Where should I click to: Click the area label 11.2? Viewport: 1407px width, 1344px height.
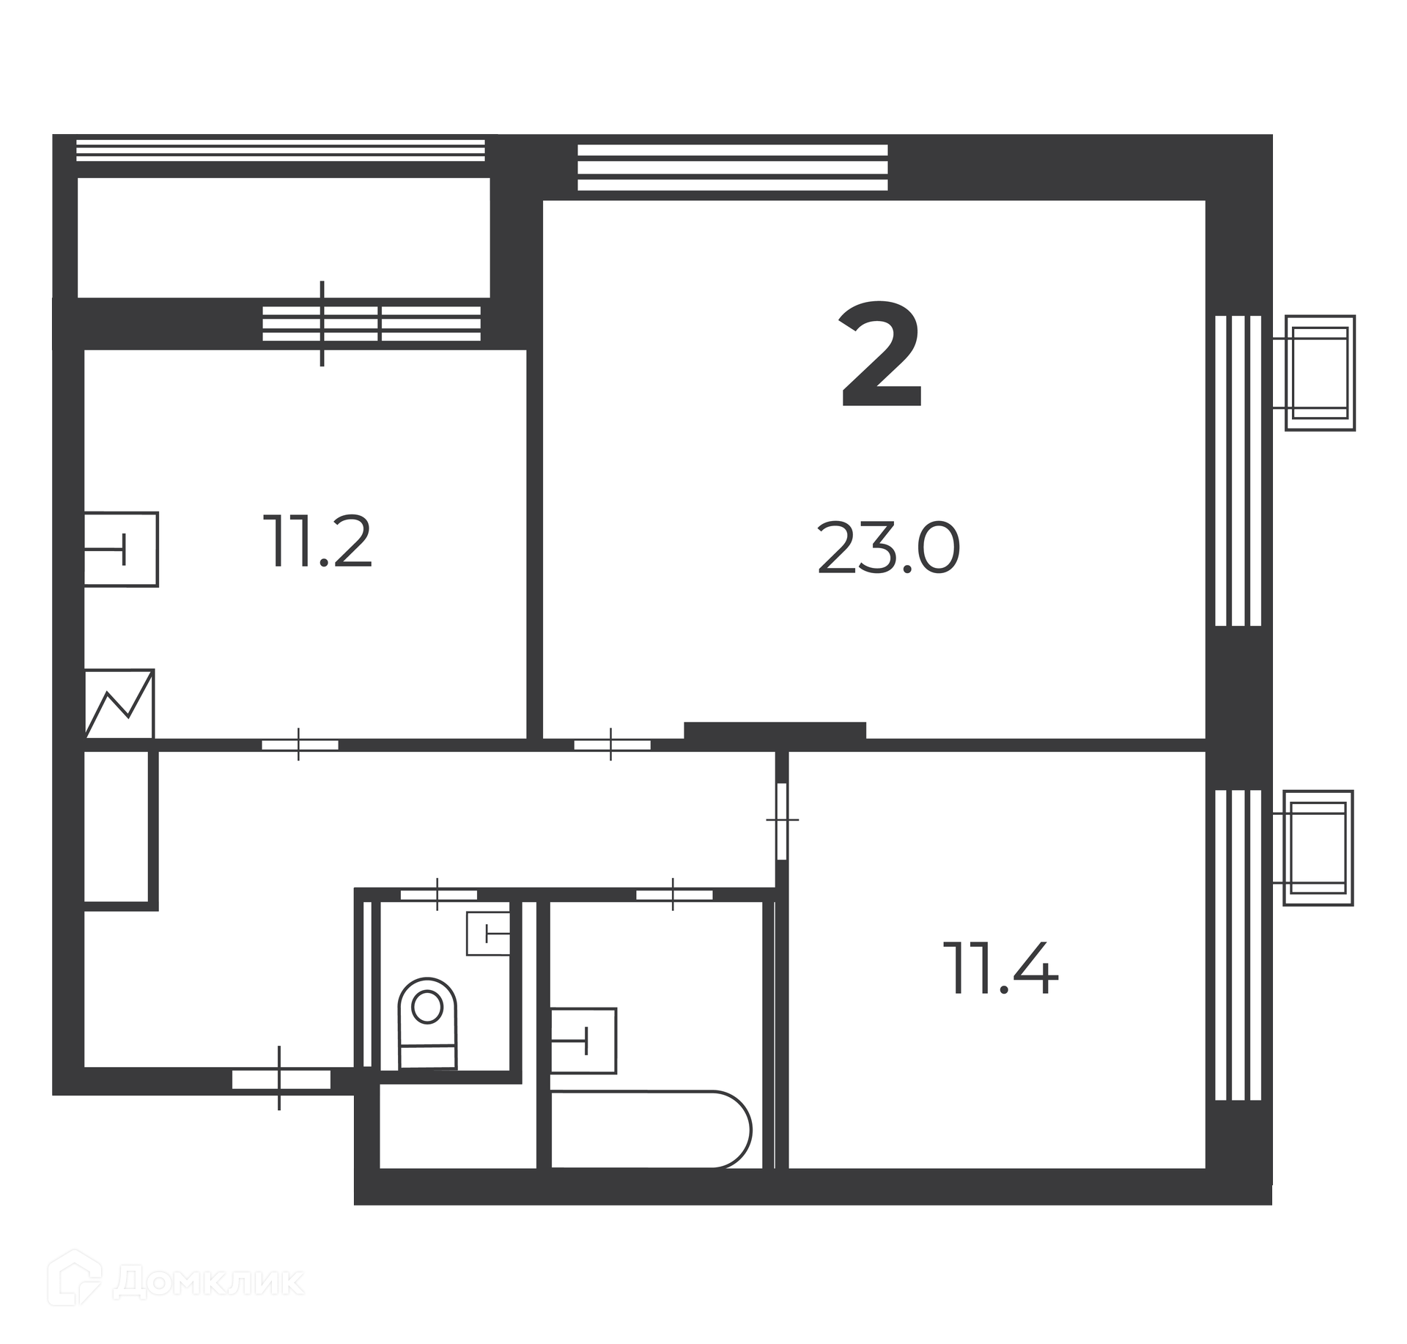click(317, 542)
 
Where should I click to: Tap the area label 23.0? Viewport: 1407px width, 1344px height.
click(888, 549)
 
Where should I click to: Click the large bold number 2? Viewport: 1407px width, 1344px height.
click(880, 355)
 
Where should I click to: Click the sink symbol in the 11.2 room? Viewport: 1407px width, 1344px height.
click(122, 549)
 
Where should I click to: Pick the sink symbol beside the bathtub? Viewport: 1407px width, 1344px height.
click(583, 1041)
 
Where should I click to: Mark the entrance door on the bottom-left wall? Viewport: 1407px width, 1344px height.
click(281, 1079)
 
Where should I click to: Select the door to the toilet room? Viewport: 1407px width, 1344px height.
click(438, 895)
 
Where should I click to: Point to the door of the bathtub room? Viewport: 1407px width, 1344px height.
click(674, 895)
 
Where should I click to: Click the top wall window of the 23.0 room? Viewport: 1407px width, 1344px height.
click(733, 168)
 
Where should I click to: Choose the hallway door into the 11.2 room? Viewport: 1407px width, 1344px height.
click(300, 745)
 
